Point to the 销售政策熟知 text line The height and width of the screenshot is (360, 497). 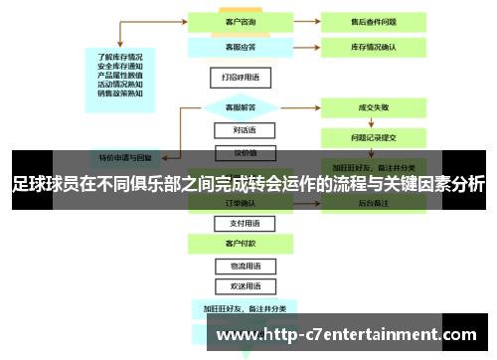pos(120,94)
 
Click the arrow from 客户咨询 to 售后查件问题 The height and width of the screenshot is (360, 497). pos(297,19)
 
